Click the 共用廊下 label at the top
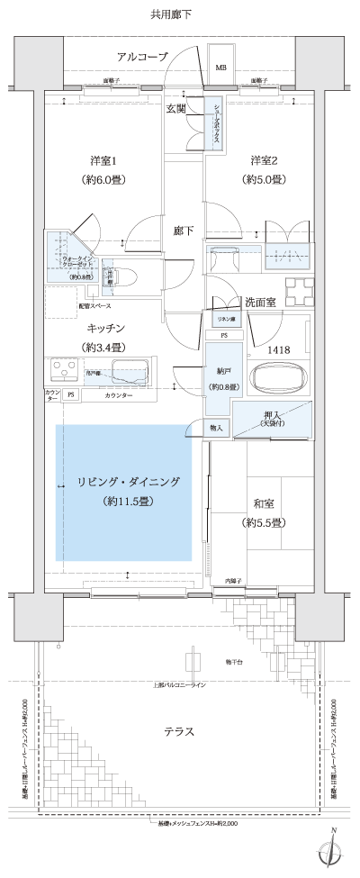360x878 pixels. tap(172, 14)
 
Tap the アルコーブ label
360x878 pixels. tap(142, 57)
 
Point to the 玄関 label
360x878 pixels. tap(175, 109)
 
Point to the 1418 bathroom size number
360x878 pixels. tap(278, 348)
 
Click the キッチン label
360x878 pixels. tap(106, 329)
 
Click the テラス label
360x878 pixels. tap(179, 730)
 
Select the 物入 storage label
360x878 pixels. tap(216, 429)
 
